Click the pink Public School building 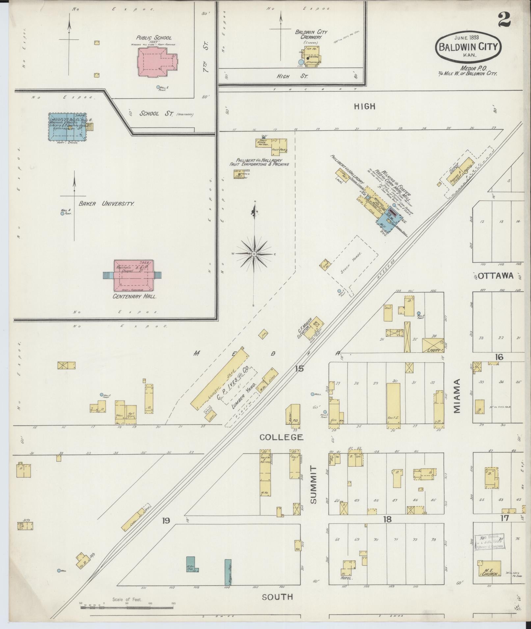(157, 62)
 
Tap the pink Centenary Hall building (133, 276)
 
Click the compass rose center (254, 254)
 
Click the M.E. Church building (489, 569)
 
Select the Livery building (433, 346)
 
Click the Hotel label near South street (347, 578)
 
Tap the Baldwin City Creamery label (310, 35)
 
